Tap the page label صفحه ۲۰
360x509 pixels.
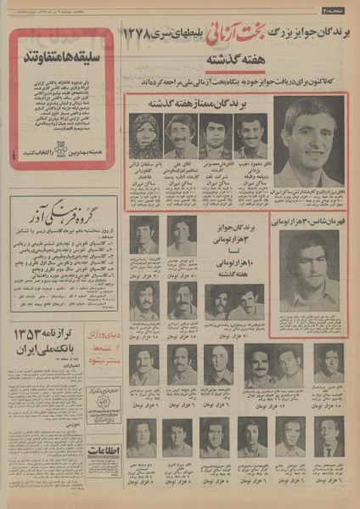tap(337, 9)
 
